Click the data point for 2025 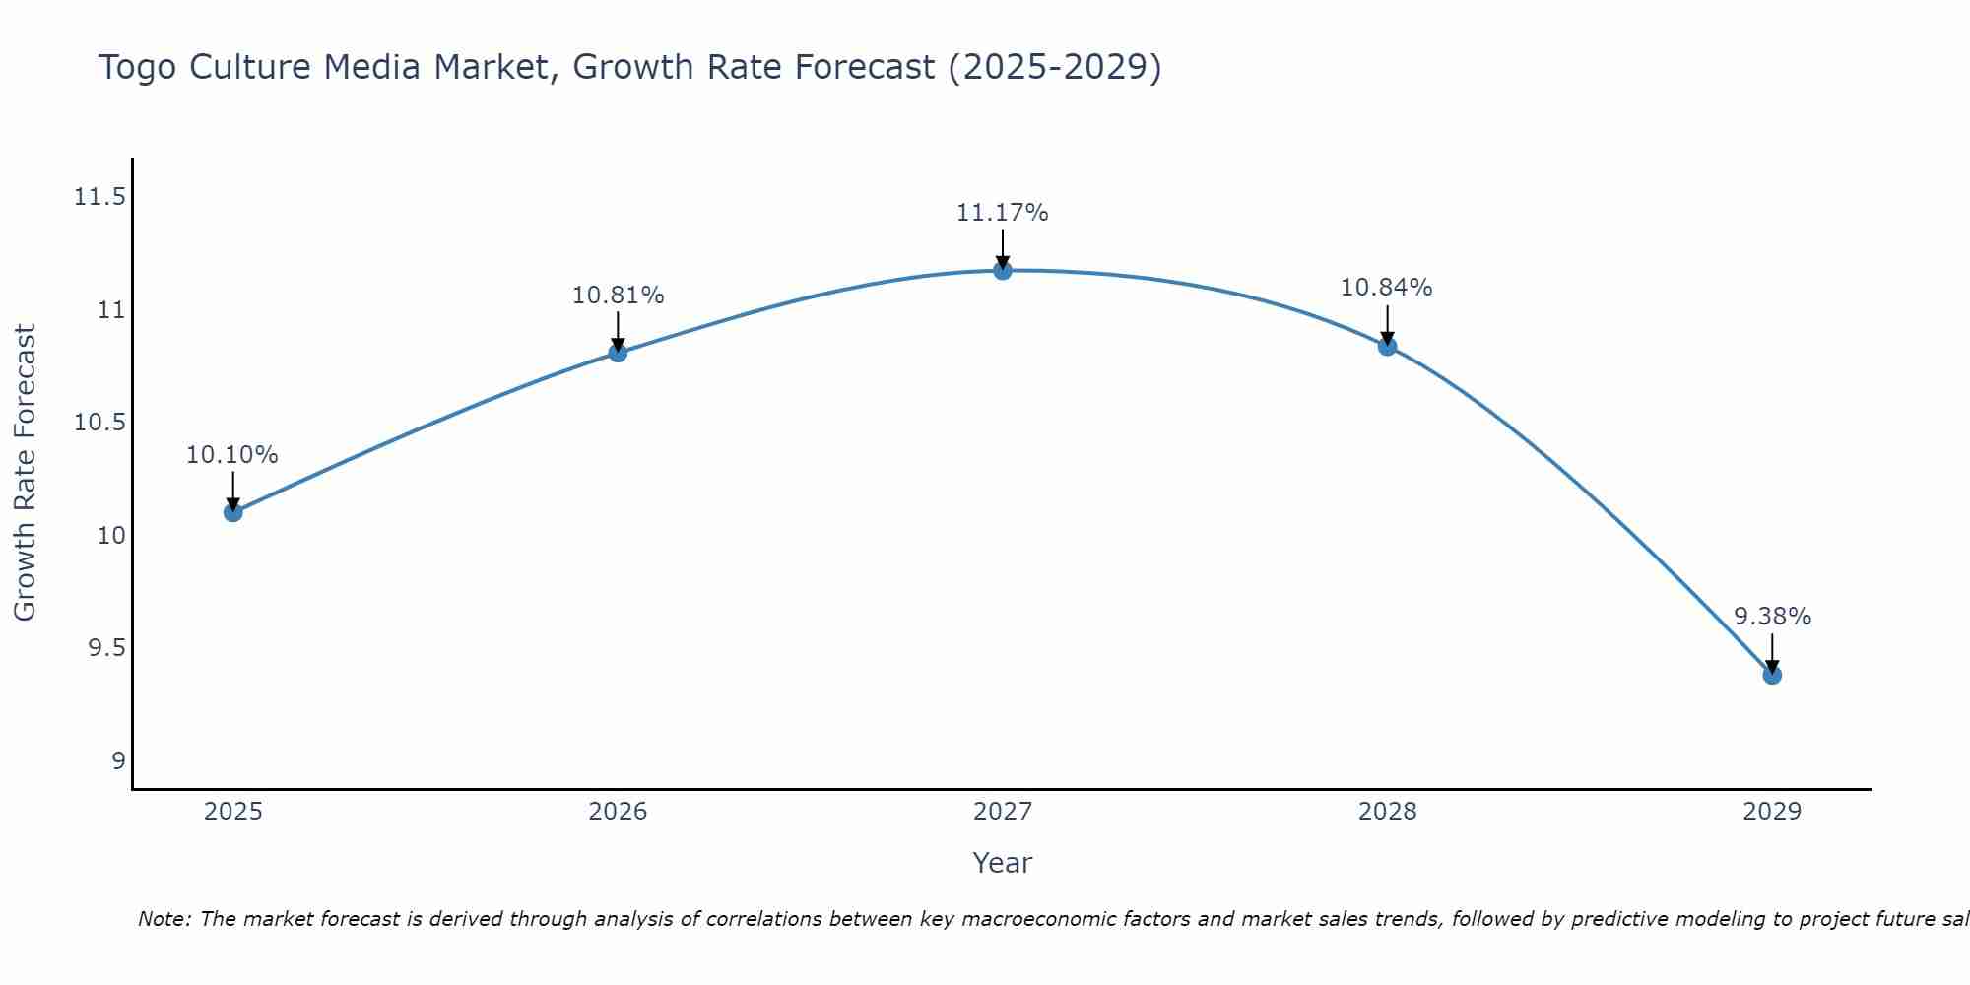(232, 512)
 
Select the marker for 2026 (618, 353)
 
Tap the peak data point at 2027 (1003, 271)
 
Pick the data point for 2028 (1387, 347)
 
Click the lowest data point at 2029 (1772, 675)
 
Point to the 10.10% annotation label (232, 455)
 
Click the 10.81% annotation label (618, 295)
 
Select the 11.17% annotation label (1003, 213)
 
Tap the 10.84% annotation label (1387, 288)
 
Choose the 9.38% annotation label (1772, 617)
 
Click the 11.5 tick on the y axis (99, 198)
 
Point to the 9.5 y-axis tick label (106, 648)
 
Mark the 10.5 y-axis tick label (99, 423)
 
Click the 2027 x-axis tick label (1003, 812)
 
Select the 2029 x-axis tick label (1772, 812)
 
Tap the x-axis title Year (1003, 863)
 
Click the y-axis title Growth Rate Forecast (26, 473)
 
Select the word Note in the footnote (163, 919)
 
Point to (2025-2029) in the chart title (1054, 68)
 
